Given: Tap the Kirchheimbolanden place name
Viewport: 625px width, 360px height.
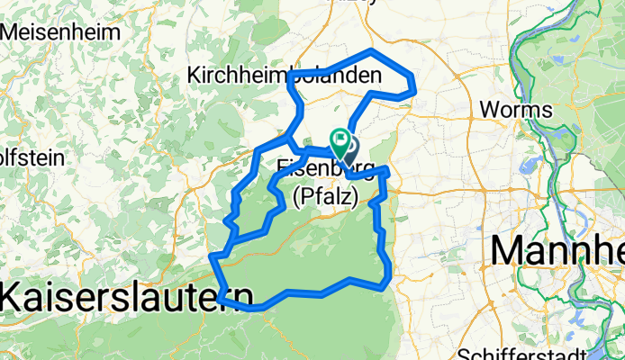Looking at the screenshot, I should pyautogui.click(x=284, y=77).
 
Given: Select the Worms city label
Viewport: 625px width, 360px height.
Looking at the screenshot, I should pyautogui.click(x=516, y=109).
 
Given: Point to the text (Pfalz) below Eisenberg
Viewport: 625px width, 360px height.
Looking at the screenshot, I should pyautogui.click(x=325, y=194).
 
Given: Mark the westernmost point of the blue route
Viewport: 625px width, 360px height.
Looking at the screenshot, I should pyautogui.click(x=213, y=258).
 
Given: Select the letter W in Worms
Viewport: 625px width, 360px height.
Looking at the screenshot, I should pyautogui.click(x=490, y=109).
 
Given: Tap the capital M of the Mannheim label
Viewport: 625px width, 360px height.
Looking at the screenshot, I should pyautogui.click(x=510, y=247).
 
